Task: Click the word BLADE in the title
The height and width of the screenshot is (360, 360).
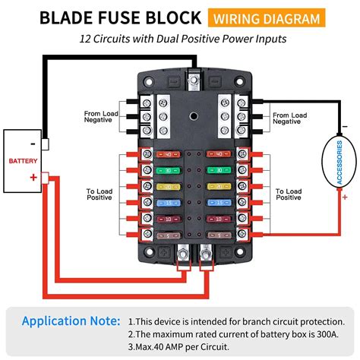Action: click(68, 17)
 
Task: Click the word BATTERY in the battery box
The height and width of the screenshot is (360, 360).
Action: click(23, 161)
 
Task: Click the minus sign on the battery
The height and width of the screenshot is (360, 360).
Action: click(33, 144)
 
